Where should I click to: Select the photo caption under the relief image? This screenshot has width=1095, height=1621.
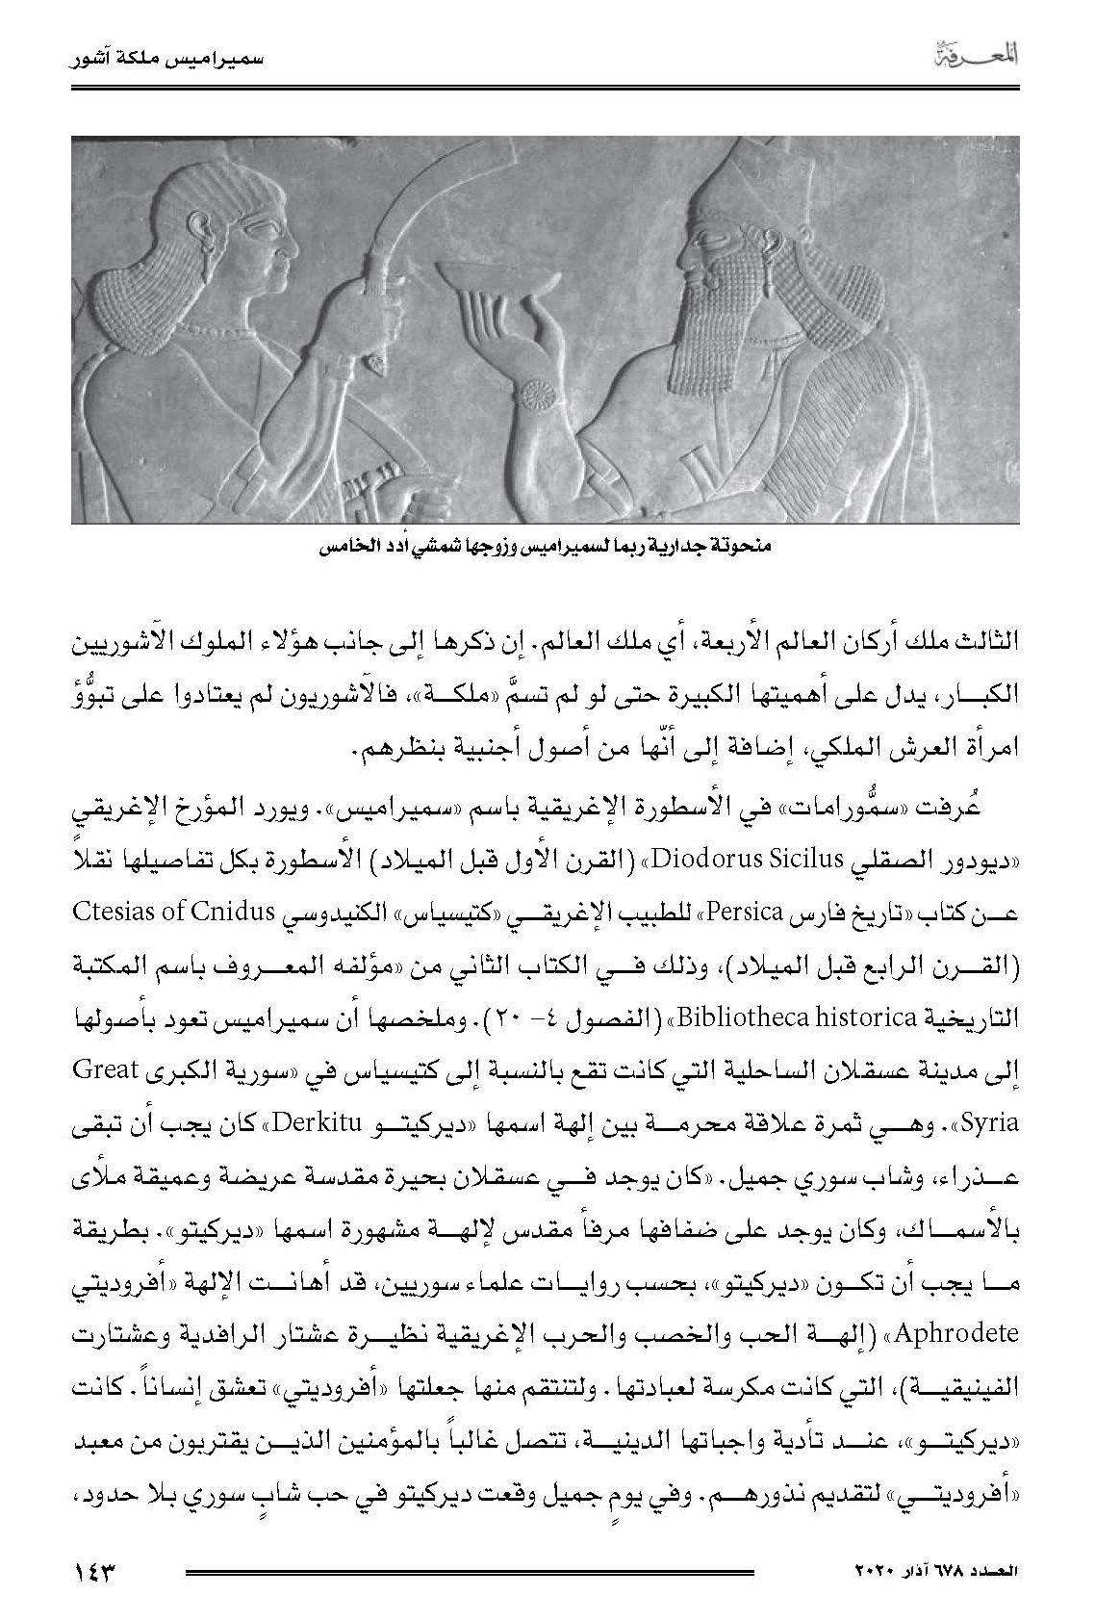click(x=545, y=547)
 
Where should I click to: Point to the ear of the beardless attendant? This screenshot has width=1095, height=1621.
click(x=203, y=229)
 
